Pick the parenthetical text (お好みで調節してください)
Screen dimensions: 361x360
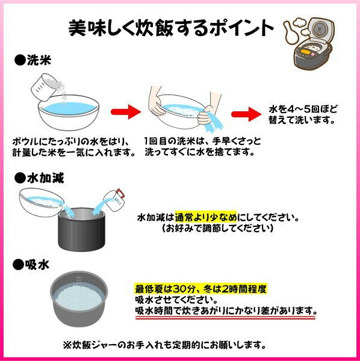(218, 229)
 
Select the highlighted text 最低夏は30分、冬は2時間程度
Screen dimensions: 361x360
(201, 289)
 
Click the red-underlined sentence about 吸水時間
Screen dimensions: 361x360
(225, 311)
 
